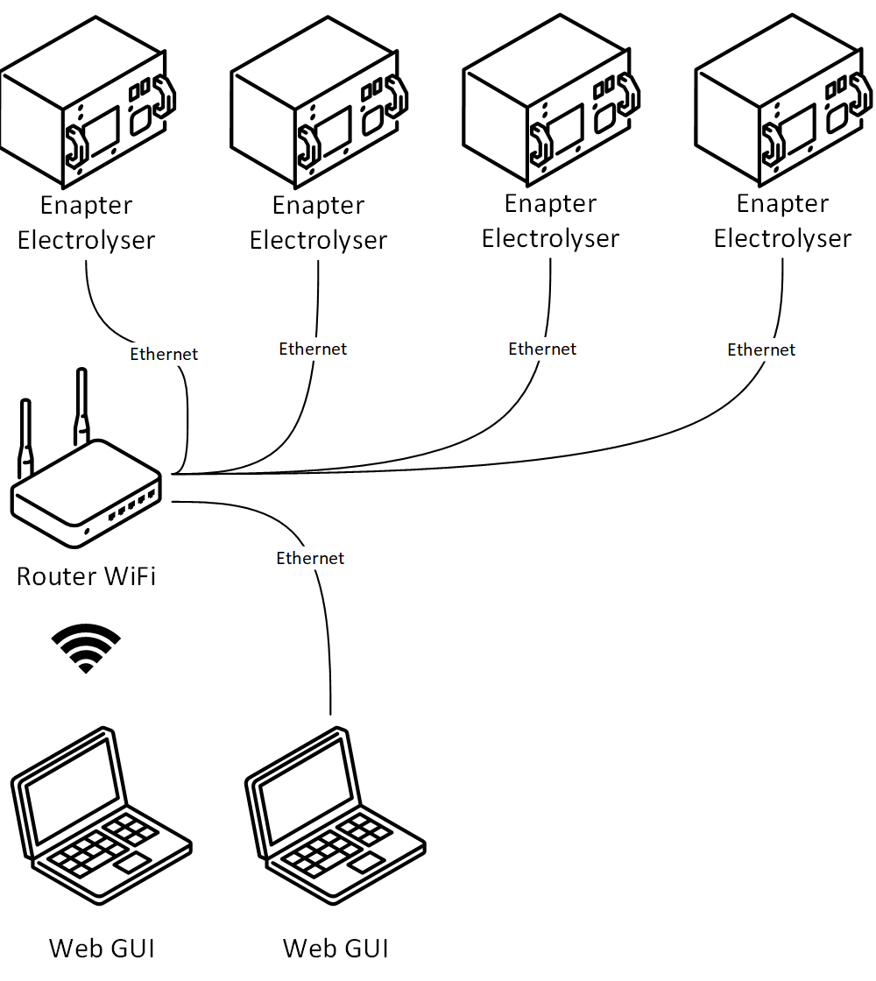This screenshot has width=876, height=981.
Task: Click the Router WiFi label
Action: point(86,576)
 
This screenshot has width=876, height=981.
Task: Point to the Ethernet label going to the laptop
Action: point(310,558)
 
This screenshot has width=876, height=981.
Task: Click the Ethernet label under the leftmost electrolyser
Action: point(164,354)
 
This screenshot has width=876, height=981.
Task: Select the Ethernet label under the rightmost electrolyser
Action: point(761,349)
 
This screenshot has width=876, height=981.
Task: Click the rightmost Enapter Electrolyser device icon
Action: point(782,109)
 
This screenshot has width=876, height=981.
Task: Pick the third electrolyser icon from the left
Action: point(549,109)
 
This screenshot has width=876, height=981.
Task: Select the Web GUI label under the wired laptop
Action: point(335,948)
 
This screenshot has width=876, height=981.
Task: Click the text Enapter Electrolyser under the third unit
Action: point(550,221)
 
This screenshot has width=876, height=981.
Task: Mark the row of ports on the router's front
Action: point(131,505)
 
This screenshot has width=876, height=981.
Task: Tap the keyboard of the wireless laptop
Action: point(96,845)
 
